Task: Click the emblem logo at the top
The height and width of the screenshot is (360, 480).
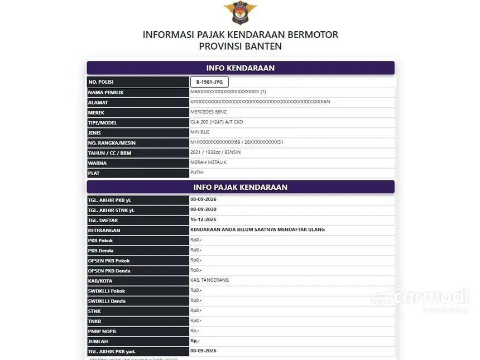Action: click(x=240, y=13)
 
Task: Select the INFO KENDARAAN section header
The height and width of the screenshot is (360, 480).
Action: click(x=240, y=68)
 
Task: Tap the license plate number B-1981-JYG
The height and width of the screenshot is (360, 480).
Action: click(x=209, y=82)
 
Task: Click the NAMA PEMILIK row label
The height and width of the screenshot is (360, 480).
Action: click(x=105, y=92)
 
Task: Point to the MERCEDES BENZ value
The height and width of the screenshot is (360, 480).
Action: click(x=209, y=112)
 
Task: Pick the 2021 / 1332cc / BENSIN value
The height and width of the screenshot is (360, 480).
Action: click(x=216, y=152)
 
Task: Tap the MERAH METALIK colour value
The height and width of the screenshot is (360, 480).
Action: click(x=209, y=162)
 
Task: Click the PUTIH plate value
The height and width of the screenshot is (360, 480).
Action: click(x=197, y=172)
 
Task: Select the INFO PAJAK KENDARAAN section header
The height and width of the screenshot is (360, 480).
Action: click(x=240, y=187)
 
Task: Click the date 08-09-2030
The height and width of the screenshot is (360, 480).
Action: click(x=203, y=210)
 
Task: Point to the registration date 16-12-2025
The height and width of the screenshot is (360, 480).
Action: click(x=203, y=220)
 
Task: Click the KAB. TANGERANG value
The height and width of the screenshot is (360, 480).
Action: click(x=210, y=280)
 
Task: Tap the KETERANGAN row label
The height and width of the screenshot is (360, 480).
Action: click(x=104, y=231)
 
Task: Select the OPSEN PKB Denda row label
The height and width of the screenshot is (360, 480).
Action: click(x=109, y=271)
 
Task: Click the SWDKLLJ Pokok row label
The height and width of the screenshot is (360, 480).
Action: click(x=107, y=291)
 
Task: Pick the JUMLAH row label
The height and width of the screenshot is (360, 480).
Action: click(x=99, y=341)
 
